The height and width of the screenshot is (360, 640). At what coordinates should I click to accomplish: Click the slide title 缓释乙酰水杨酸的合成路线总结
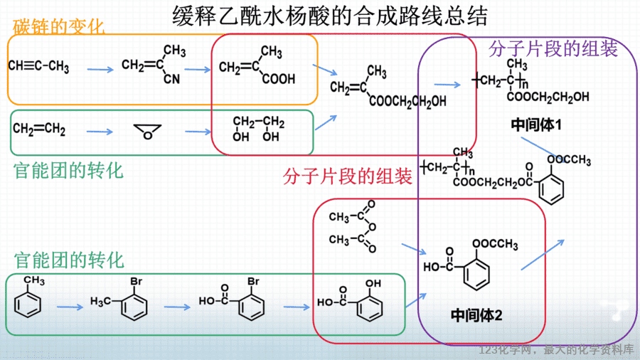[330, 16]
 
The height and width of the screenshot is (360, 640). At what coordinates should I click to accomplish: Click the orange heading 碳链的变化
[58, 27]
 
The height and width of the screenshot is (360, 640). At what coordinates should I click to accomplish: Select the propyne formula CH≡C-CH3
[39, 67]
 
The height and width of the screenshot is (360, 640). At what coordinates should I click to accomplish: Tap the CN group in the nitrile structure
[171, 78]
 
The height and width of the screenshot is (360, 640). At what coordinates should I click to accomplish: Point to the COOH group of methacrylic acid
[278, 78]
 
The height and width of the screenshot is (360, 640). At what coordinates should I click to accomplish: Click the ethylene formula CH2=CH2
[39, 129]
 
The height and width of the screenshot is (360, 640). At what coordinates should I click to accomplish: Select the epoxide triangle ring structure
[147, 132]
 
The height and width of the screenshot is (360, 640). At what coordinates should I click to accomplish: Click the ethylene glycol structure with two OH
[258, 129]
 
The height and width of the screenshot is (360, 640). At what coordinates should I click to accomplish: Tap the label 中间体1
[536, 125]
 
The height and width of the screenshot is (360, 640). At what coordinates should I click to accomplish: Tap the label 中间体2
[476, 314]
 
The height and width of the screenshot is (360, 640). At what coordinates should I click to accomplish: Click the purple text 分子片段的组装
[553, 49]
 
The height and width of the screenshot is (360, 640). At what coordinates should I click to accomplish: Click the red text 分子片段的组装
[347, 176]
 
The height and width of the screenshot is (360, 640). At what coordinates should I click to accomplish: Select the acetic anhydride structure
[353, 226]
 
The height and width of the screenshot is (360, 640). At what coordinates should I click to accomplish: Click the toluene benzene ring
[28, 305]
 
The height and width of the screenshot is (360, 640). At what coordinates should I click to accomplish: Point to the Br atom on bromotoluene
[136, 281]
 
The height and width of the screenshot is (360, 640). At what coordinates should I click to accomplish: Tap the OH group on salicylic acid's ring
[373, 283]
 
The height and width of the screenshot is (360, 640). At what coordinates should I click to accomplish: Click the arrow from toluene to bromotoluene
[70, 307]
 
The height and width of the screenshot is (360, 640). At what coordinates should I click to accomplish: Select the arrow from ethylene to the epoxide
[100, 132]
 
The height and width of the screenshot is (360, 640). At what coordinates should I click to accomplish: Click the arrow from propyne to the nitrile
[100, 70]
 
